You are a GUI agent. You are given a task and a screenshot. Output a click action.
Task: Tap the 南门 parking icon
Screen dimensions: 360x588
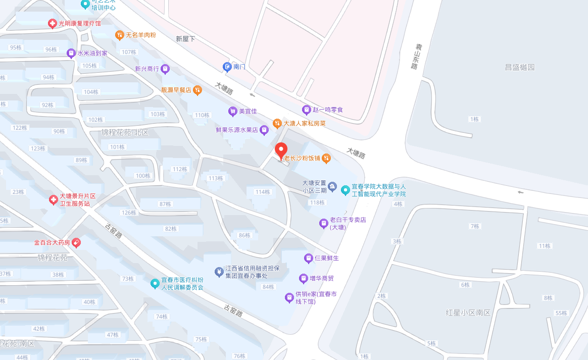pos(227,67)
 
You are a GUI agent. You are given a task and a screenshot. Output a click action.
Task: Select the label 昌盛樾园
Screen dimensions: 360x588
pos(519,67)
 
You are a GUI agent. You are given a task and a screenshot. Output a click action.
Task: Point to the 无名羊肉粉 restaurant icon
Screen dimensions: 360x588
pos(119,35)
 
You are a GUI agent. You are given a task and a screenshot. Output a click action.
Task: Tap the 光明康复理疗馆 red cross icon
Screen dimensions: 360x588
pos(52,23)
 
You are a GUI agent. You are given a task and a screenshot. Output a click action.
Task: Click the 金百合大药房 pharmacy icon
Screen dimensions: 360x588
pos(76,242)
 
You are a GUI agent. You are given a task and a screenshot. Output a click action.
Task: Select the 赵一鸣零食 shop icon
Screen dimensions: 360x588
pos(306,110)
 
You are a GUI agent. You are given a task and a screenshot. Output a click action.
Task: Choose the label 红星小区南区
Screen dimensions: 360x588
pos(468,313)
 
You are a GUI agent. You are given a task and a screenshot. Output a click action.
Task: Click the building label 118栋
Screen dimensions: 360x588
pos(317,202)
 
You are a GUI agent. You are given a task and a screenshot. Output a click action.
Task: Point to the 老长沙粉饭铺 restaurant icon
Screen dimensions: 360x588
pos(326,158)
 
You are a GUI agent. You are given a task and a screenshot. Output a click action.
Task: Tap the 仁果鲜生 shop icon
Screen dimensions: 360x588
pos(308,258)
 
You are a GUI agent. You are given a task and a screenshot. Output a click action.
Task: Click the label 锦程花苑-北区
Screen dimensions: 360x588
pos(125,132)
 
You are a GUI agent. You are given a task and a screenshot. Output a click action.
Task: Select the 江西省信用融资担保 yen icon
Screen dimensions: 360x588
pos(219,272)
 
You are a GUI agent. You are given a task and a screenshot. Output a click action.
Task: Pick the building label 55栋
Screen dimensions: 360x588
pos(561,313)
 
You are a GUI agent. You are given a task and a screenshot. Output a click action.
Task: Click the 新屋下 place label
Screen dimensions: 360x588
pos(185,39)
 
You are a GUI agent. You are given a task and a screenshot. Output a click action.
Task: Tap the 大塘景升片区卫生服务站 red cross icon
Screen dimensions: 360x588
pos(53,200)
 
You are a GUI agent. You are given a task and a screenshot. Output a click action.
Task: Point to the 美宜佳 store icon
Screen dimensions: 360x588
pos(233,111)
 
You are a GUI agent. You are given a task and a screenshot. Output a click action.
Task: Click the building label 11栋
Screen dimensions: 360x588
pos(544,246)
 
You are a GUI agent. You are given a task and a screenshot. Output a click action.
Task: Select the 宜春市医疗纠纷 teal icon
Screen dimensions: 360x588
pos(155,284)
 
